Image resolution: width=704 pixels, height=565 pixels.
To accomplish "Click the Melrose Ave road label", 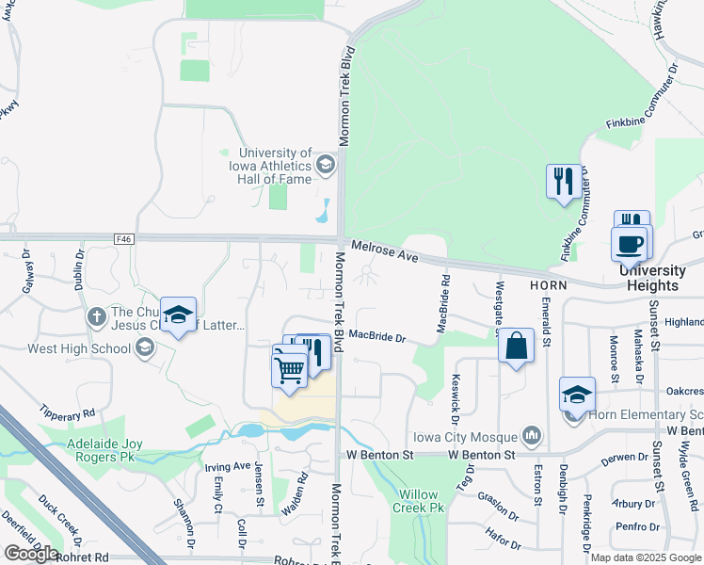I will click(x=384, y=250).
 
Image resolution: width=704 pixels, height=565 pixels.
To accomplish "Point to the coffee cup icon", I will click(x=630, y=244).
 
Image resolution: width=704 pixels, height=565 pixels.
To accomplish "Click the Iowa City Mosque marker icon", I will click(x=532, y=435).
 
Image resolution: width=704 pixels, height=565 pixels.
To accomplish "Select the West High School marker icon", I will click(x=144, y=348).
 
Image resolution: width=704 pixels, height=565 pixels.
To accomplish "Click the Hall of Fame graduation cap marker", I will click(x=326, y=166).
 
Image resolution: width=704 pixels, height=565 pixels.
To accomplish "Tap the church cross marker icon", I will click(x=96, y=317).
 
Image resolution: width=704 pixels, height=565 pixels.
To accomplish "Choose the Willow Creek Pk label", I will click(x=421, y=501).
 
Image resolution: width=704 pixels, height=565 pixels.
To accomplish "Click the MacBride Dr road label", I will click(x=376, y=336).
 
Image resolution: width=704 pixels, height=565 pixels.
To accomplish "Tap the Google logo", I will click(x=30, y=554).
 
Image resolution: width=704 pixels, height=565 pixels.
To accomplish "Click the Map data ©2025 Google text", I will click(x=646, y=557).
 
